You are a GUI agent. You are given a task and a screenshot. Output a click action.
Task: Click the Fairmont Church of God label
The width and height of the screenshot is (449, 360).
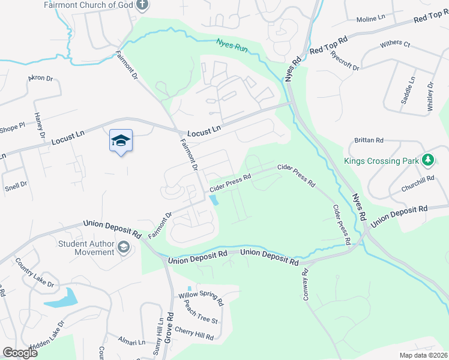(88, 5)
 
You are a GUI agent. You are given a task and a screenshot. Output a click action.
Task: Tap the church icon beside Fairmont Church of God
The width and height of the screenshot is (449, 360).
(142, 5)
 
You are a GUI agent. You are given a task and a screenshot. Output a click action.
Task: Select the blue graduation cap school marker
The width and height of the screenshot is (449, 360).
(121, 141)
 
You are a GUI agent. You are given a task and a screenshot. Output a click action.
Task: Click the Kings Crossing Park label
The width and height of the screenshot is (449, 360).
(380, 161)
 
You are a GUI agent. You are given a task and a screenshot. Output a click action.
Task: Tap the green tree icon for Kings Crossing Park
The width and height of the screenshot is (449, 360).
(427, 160)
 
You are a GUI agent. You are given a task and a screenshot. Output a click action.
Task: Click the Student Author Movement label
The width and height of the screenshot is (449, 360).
(86, 248)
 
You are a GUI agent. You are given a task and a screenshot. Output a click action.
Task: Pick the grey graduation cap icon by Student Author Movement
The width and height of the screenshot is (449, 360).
(124, 247)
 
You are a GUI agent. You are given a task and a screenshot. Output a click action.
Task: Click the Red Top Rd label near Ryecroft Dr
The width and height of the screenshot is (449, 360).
(328, 46)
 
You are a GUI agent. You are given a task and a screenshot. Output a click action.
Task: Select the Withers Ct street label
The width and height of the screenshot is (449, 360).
(395, 45)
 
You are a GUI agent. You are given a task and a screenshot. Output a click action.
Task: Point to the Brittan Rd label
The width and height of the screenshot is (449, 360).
(369, 140)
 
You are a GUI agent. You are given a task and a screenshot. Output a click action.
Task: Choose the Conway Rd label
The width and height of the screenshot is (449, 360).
(305, 281)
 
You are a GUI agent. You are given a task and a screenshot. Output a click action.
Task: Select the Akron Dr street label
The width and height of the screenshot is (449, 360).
(41, 79)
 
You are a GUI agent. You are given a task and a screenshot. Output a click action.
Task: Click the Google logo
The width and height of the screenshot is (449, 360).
(20, 353)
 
